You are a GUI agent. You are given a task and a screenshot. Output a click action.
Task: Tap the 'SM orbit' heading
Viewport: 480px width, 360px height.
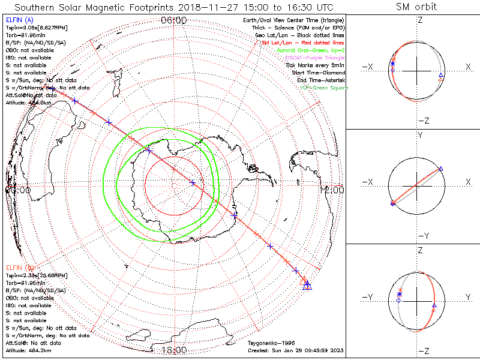click(x=416, y=7)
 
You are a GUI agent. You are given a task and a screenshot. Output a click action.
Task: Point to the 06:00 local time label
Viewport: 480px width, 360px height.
click(x=174, y=20)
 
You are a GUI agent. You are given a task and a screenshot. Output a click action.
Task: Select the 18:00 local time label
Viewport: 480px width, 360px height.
click(x=174, y=350)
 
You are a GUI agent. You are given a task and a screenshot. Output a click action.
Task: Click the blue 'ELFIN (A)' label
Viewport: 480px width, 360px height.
click(x=19, y=20)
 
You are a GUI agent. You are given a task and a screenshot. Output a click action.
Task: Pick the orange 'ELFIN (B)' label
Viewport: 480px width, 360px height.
click(x=19, y=267)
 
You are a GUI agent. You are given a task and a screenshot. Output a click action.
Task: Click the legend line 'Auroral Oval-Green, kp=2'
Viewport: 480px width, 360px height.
click(x=310, y=50)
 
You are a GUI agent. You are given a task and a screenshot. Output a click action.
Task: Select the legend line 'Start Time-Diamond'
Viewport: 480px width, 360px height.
click(x=318, y=73)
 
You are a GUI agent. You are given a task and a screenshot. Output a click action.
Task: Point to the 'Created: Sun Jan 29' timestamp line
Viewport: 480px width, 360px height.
click(x=296, y=350)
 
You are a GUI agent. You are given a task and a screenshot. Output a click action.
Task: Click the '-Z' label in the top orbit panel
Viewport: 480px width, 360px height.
click(x=423, y=121)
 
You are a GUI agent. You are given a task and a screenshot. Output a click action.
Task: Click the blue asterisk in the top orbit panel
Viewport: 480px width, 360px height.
click(x=392, y=64)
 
